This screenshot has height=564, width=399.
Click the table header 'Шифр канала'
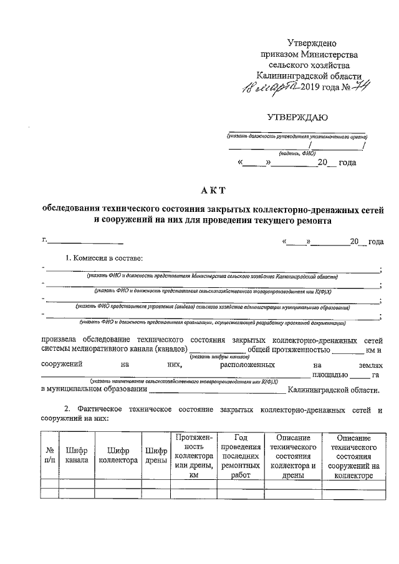click(x=75, y=456)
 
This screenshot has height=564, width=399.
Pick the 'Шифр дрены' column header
click(x=155, y=456)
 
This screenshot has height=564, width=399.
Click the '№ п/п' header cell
click(x=49, y=456)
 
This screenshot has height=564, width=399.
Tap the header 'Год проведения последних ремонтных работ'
click(x=240, y=456)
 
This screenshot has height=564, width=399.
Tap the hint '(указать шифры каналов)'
click(x=211, y=357)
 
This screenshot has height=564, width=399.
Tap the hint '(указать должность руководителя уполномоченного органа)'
click(x=297, y=136)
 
